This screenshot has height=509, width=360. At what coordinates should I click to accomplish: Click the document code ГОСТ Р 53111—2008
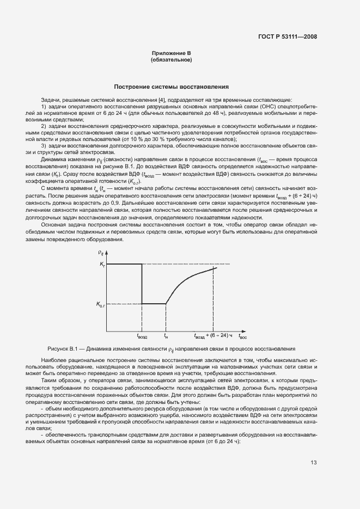point(288,37)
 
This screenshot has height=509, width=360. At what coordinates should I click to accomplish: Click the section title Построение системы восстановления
point(171,87)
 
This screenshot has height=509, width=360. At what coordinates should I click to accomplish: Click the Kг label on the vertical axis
point(102,264)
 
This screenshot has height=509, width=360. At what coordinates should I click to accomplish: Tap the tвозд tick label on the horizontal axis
point(142,336)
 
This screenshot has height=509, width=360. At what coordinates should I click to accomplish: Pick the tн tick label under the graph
point(166,336)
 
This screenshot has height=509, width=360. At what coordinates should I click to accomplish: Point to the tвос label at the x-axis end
point(243,336)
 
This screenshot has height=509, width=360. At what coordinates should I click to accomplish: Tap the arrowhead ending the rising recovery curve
point(216,267)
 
